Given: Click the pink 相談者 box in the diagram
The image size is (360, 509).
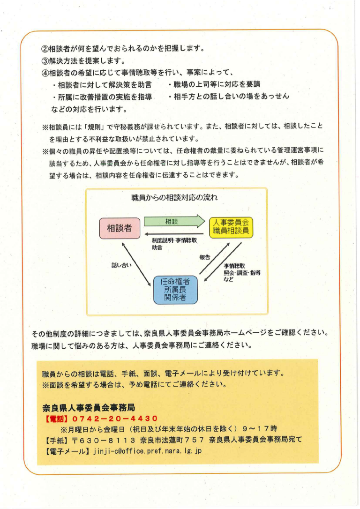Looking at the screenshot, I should point(119,228).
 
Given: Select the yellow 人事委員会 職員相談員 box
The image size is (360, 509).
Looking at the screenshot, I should point(230,226).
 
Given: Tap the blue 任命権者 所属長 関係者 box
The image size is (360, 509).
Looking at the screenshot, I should point(175,289).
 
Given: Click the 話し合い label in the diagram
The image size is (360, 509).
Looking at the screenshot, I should point(121,265).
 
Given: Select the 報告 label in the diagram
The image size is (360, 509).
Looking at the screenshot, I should point(204,257).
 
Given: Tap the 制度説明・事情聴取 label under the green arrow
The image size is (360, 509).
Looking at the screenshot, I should point(174,240).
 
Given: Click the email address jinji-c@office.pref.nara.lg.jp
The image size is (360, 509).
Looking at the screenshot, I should point(147,451).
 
